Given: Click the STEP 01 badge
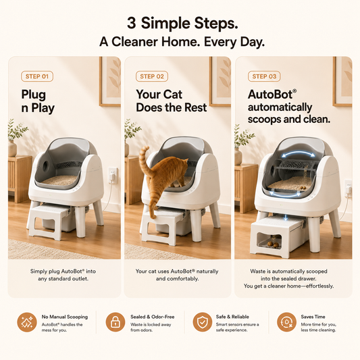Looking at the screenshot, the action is (x=37, y=76).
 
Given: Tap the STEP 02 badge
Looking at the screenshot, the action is (x=152, y=76).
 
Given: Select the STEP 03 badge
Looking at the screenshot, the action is (x=264, y=76).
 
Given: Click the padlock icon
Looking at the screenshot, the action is (x=115, y=322).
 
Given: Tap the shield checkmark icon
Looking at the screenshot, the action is (x=202, y=322).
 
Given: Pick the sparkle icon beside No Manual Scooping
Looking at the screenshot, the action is (x=27, y=322).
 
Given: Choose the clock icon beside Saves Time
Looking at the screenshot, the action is (x=286, y=322).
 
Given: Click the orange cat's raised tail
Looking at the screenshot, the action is (x=144, y=161).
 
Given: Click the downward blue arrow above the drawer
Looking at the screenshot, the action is (x=286, y=217).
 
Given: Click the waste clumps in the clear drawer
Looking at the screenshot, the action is (x=275, y=245).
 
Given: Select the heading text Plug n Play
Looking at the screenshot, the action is (x=38, y=101).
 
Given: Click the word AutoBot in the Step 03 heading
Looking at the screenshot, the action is (x=270, y=95).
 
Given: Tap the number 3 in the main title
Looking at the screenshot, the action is (x=132, y=24).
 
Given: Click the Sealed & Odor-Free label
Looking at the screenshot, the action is (x=153, y=317).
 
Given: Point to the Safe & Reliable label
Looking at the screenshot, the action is (x=232, y=317).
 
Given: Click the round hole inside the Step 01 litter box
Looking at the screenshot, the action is (x=46, y=164).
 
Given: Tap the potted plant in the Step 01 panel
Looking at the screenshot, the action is (x=16, y=138).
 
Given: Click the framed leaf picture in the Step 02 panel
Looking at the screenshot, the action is (x=220, y=82).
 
